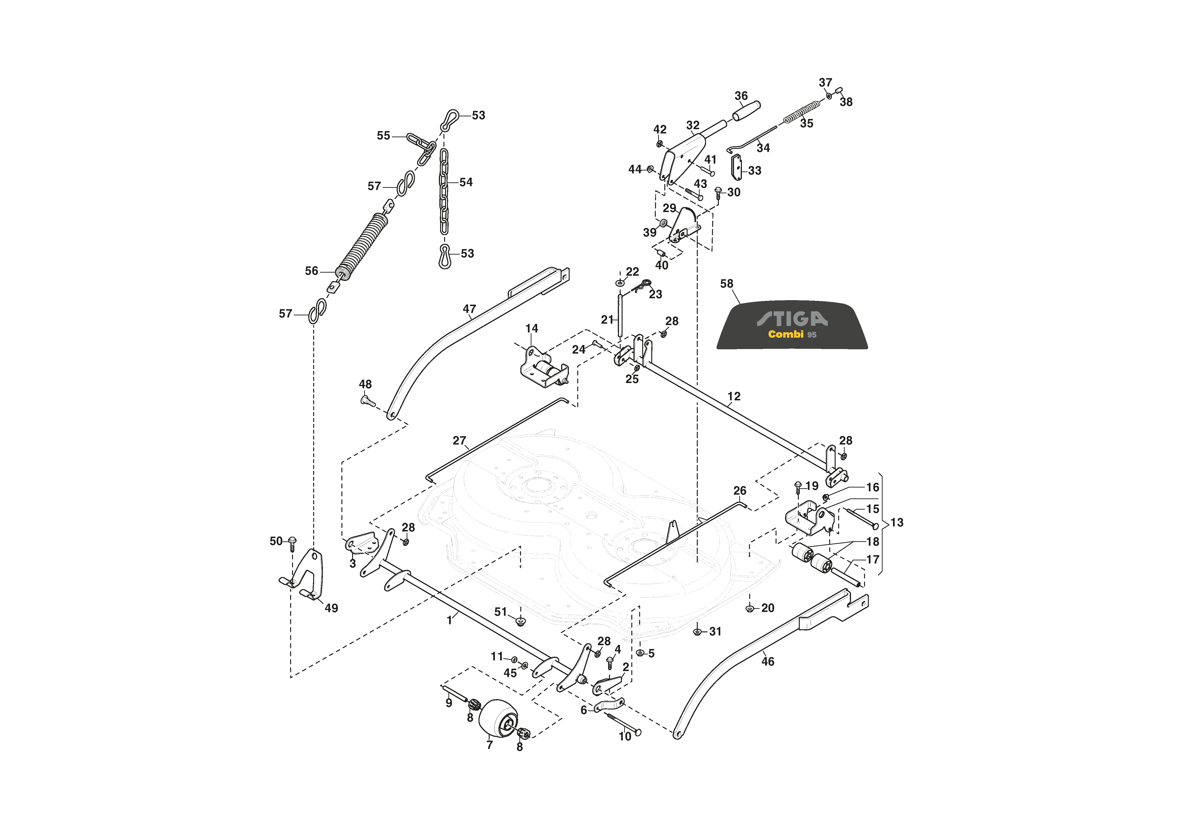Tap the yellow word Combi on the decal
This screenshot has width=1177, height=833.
point(785,334)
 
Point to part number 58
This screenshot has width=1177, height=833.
point(726,284)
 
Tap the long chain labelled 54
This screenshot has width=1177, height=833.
point(444,191)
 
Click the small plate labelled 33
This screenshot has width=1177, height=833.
point(736,167)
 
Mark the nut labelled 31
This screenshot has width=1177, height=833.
point(697,632)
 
